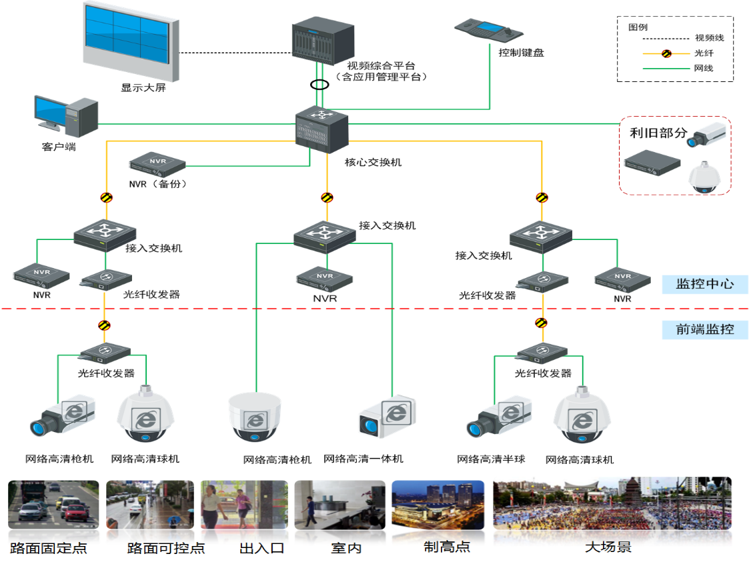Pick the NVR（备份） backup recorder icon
[x=157, y=162]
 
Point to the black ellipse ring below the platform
[x=320, y=85]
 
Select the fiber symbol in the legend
[x=666, y=53]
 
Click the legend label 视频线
[x=709, y=38]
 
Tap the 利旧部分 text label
[x=658, y=133]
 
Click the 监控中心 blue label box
[x=704, y=284]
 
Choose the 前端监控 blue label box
[x=704, y=329]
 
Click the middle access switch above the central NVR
[x=325, y=235]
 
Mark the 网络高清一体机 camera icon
[x=387, y=417]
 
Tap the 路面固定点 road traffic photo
[x=53, y=505]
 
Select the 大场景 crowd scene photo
[x=612, y=504]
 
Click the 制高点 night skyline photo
[x=437, y=504]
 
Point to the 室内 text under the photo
[x=347, y=548]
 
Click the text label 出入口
[x=262, y=548]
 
